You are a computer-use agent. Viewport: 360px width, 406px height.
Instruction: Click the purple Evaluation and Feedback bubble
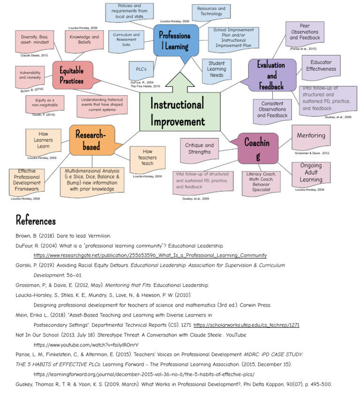tap(272, 75)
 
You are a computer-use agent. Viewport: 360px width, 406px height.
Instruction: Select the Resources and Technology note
tap(210, 11)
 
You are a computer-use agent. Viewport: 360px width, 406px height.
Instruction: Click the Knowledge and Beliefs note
tap(84, 40)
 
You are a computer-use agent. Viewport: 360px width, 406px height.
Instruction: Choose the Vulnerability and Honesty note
tap(30, 76)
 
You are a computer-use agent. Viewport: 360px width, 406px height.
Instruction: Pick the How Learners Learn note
tap(43, 140)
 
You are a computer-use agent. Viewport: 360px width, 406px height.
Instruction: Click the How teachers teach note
tap(147, 158)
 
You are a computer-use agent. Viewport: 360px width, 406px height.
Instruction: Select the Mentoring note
tap(311, 135)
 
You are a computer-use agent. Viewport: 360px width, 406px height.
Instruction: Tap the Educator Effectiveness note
tap(321, 65)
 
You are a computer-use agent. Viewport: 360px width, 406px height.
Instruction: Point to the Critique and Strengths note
tap(199, 149)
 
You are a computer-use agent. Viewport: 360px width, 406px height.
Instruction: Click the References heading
tap(36, 220)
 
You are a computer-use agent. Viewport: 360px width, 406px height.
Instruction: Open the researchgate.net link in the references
tap(150, 256)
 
